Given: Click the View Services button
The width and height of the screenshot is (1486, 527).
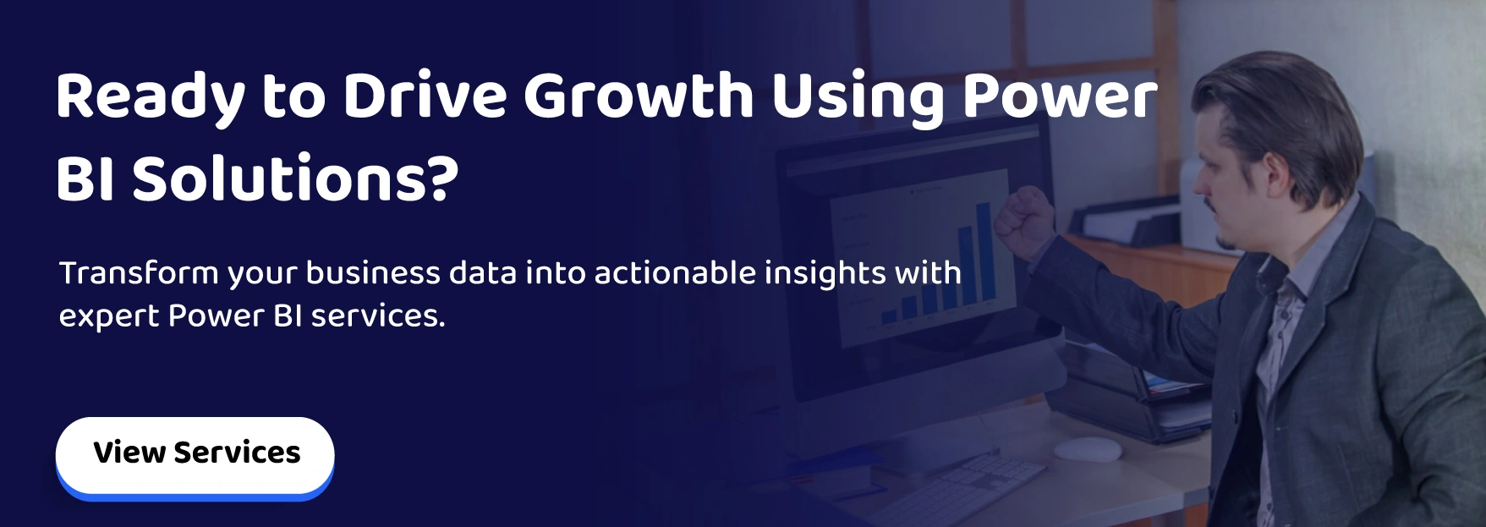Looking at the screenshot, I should (195, 454).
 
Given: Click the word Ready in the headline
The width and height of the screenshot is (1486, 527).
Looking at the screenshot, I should (150, 97).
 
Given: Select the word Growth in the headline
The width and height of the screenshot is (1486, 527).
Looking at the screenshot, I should (639, 96).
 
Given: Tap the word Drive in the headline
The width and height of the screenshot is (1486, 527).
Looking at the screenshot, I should (424, 96).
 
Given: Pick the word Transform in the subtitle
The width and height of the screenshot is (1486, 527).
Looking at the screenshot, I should (139, 273).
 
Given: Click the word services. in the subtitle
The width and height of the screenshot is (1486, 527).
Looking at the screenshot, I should (378, 316).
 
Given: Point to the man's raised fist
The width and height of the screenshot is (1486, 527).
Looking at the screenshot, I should (1023, 220).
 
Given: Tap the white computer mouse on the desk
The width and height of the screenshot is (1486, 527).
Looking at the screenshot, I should (1088, 448).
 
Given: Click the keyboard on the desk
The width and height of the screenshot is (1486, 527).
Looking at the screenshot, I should (964, 491).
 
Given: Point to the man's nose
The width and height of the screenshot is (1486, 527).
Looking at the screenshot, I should (1199, 182).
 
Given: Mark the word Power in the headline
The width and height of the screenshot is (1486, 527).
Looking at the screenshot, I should (1060, 96).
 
